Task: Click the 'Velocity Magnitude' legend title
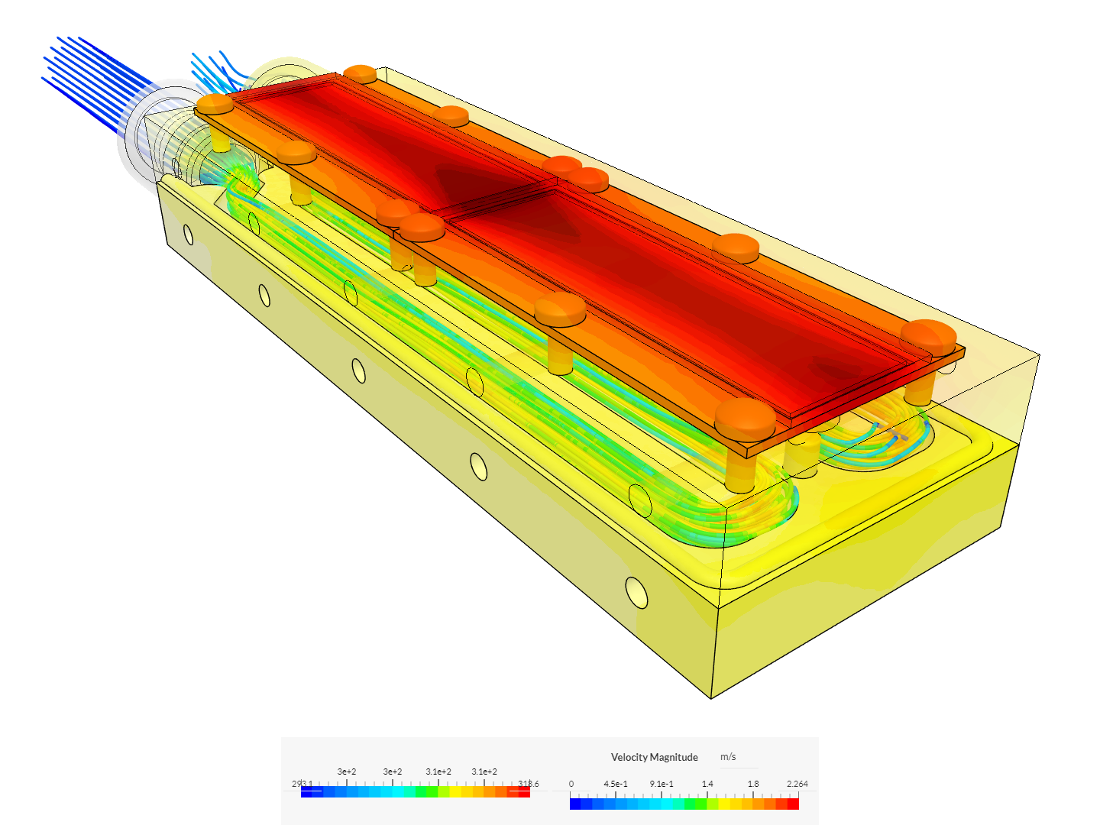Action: tap(654, 757)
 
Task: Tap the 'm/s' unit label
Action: tap(728, 757)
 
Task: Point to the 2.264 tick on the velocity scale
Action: tap(797, 784)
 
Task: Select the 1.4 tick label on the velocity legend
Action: tap(707, 784)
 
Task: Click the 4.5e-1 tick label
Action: tap(616, 784)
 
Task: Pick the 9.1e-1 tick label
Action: tap(662, 784)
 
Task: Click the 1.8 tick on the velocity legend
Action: tap(753, 784)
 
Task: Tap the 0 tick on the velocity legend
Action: tap(571, 784)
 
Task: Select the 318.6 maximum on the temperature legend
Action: tap(528, 784)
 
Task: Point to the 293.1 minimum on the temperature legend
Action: tap(302, 784)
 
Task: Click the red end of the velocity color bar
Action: tap(793, 804)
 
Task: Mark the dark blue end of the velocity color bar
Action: tap(575, 804)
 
